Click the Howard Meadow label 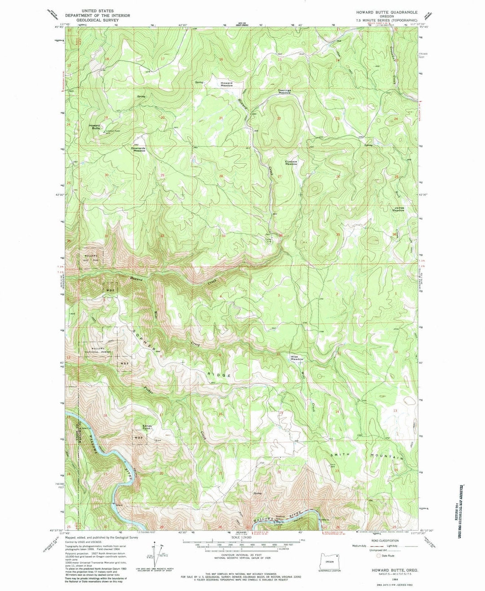click(226, 84)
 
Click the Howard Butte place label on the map click(94, 127)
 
